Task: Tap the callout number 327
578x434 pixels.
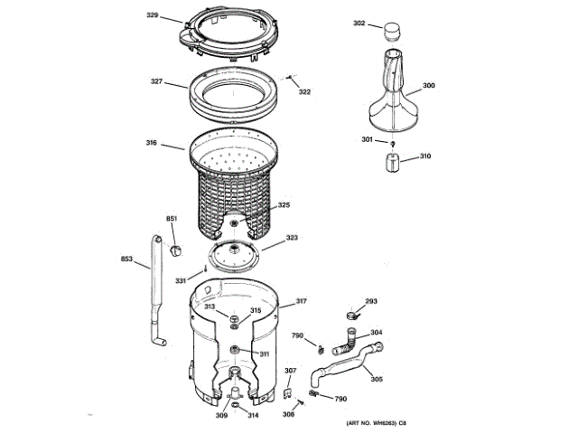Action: click(156, 82)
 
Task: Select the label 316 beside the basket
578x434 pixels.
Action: click(152, 143)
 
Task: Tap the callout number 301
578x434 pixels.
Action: click(367, 139)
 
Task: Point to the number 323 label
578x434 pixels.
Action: click(292, 239)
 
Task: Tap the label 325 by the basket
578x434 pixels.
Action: click(284, 205)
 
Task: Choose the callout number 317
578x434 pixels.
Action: click(301, 301)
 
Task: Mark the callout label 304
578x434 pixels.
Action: click(376, 333)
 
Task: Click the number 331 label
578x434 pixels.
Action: click(181, 281)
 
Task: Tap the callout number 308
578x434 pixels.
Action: click(288, 415)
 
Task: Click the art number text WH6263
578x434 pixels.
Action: click(373, 425)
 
